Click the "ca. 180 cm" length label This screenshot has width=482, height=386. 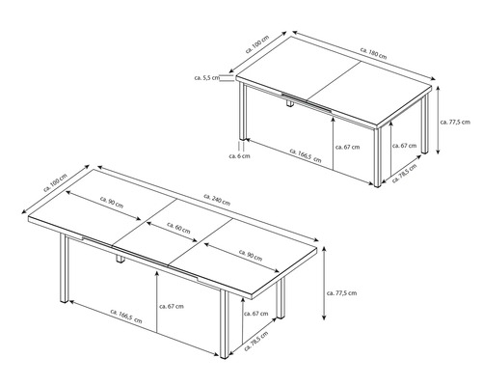coord(373,54)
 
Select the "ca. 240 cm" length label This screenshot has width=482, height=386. coord(217,200)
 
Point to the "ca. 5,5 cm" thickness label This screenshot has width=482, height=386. coord(207,77)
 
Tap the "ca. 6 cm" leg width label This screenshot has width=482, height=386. coord(239,156)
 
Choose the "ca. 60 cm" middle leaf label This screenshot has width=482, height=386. coord(178,228)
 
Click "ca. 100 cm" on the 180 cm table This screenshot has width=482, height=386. coord(257,44)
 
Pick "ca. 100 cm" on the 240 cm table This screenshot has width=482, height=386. coord(55,182)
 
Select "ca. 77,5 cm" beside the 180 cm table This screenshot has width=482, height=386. coord(455,122)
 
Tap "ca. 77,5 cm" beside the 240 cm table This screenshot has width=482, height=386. coord(341,293)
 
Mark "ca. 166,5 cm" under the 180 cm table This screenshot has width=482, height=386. coord(306,155)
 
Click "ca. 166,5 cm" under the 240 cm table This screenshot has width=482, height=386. coord(126,317)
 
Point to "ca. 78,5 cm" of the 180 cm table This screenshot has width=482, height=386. coord(405,173)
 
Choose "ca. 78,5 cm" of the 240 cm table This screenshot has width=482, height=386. coord(256,341)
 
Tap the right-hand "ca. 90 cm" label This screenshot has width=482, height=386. coord(251,255)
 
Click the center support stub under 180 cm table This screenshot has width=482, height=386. coord(290,104)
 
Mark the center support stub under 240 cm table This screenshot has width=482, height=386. coord(120,260)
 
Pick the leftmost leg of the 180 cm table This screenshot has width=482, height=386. coord(243,111)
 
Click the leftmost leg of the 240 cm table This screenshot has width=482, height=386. coord(65,268)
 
